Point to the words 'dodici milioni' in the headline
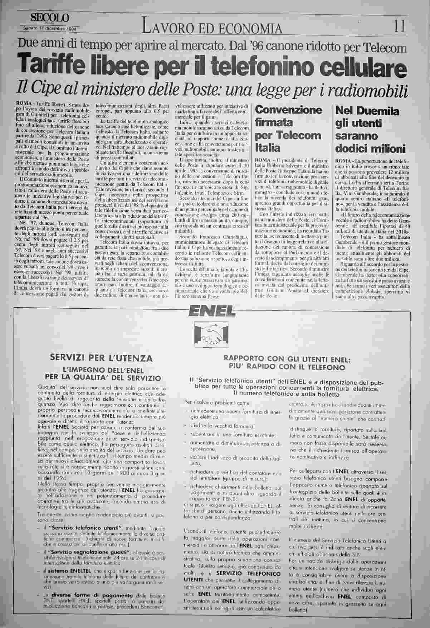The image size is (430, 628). tap(370, 149)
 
